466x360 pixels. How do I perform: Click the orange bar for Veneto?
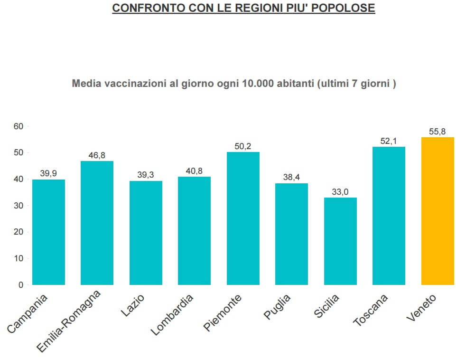tap(438, 211)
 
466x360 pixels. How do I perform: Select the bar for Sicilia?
tap(340, 241)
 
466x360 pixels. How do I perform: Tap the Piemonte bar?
tap(243, 218)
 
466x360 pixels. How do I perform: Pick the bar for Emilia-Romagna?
tap(97, 223)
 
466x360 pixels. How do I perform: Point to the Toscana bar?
tap(389, 216)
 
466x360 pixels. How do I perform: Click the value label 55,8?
tap(437, 132)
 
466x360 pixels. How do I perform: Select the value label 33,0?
tap(340, 192)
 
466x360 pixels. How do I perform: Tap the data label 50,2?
tap(243, 146)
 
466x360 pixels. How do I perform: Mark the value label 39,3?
tap(146, 175)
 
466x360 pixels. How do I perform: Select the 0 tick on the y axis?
tap(20, 285)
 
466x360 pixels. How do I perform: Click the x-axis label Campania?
tap(28, 313)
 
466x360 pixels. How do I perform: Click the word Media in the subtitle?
tap(85, 84)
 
